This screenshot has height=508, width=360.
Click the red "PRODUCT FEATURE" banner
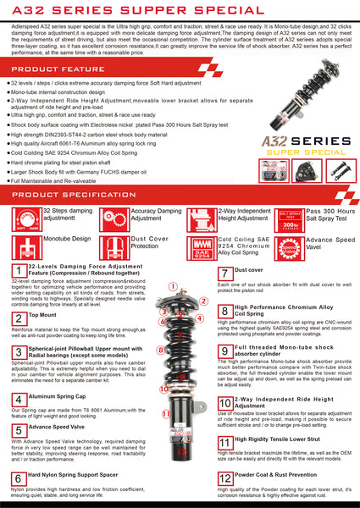coord(59,68)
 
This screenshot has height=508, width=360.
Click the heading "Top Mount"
coord(42,314)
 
